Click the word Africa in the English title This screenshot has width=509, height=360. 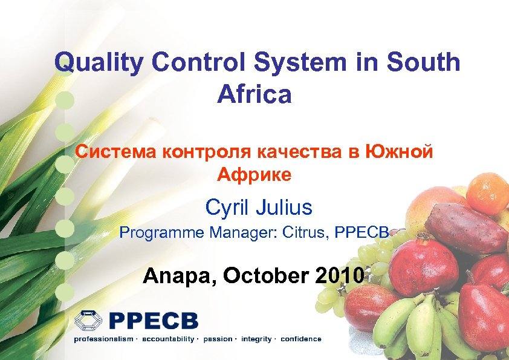click(254, 94)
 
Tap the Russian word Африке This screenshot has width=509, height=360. click(254, 175)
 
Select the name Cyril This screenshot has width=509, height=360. click(230, 208)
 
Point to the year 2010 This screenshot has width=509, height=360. click(340, 276)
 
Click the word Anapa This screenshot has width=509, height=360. click(180, 277)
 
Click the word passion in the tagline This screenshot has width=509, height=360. click(218, 339)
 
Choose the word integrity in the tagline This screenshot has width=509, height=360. click(256, 339)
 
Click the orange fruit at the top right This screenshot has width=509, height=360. click(487, 192)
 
